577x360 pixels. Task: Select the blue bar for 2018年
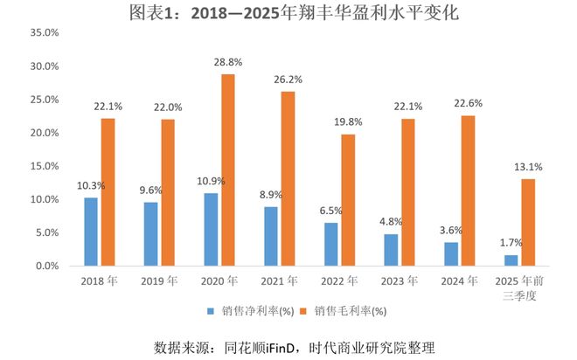click(x=91, y=232)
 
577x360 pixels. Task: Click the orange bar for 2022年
click(x=348, y=199)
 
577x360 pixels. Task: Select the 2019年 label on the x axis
click(x=163, y=281)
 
